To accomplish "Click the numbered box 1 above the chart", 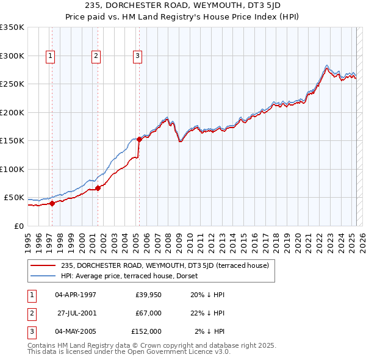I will tap(50, 56).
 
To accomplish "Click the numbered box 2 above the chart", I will tap(96, 56).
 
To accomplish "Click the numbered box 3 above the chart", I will tap(138, 56).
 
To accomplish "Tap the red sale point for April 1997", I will tap(52, 204).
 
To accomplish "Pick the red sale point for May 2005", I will tap(139, 140).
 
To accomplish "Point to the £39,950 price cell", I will tap(148, 295).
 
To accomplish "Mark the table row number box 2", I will tap(30, 313).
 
